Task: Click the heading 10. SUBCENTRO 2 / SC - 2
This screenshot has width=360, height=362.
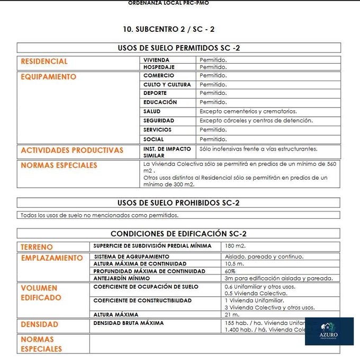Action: pyautogui.click(x=168, y=29)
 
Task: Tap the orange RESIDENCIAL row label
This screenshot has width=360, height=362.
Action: pyautogui.click(x=44, y=61)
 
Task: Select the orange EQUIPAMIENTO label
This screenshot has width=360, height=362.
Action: pyautogui.click(x=49, y=77)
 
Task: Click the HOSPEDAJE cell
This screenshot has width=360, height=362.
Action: pyautogui.click(x=159, y=67)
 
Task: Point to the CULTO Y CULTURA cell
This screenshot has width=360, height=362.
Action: pyautogui.click(x=167, y=85)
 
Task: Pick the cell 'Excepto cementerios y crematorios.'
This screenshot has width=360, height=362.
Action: pyautogui.click(x=248, y=111)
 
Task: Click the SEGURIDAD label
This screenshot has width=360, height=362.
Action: pyautogui.click(x=158, y=121)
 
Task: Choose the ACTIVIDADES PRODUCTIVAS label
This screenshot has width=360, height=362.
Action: pyautogui.click(x=72, y=151)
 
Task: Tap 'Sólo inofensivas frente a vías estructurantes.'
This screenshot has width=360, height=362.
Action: pyautogui.click(x=258, y=149)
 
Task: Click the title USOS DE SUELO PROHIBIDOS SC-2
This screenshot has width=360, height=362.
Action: pyautogui.click(x=178, y=203)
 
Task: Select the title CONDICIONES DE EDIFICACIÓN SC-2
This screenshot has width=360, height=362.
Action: pyautogui.click(x=178, y=234)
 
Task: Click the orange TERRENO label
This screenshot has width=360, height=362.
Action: pyautogui.click(x=37, y=248)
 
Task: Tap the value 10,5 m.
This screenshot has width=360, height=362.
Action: pyautogui.click(x=234, y=263)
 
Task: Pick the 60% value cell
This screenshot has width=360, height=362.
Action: pyautogui.click(x=230, y=271)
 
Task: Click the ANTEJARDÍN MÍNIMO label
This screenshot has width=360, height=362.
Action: pyautogui.click(x=121, y=278)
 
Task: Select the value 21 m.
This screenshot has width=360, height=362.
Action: pyautogui.click(x=232, y=314)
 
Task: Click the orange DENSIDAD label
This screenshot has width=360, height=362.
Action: pyautogui.click(x=40, y=324)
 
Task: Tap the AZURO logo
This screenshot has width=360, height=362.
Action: pyautogui.click(x=329, y=331)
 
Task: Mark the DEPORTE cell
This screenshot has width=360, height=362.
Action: pyautogui.click(x=155, y=93)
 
